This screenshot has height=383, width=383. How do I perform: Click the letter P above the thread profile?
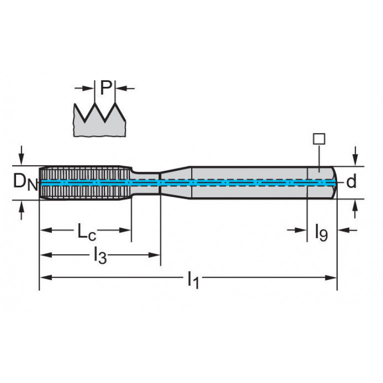(x=106, y=88)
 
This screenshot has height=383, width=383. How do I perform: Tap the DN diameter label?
(x=25, y=182)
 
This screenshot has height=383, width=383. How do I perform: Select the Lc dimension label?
(x=87, y=232)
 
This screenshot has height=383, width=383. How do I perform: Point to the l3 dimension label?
(x=100, y=255)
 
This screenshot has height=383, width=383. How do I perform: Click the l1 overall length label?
(x=193, y=280)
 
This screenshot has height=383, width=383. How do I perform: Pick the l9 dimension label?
(x=321, y=232)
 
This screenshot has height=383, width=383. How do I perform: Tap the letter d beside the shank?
(x=351, y=181)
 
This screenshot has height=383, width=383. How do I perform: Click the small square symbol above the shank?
(x=319, y=139)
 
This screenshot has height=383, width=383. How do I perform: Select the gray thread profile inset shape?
(x=100, y=120)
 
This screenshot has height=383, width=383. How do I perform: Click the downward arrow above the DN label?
(x=21, y=155)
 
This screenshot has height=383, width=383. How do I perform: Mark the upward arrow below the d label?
(x=356, y=209)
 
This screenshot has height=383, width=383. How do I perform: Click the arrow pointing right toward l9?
(x=297, y=230)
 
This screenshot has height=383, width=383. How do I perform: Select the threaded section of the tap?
(x=85, y=183)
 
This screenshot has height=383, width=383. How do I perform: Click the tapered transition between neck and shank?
(x=175, y=183)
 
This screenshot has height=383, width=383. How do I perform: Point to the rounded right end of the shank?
(x=334, y=183)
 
